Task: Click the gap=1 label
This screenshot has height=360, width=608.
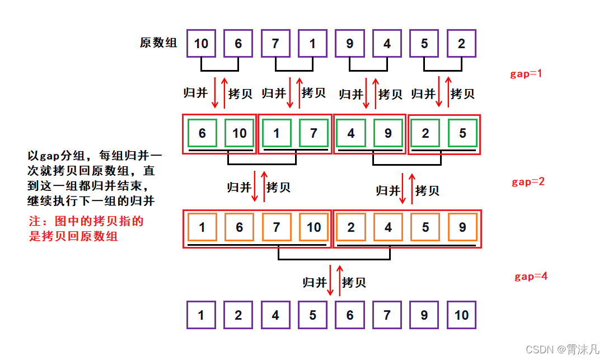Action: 526,74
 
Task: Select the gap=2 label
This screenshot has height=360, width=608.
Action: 528,182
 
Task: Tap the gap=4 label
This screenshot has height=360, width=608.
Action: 531,277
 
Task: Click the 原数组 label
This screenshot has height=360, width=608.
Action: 158,43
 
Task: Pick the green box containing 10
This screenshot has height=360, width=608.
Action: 239,133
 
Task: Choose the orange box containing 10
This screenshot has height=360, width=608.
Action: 314,227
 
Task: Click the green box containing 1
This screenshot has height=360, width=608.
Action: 276,133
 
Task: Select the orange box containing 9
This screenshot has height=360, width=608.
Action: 462,227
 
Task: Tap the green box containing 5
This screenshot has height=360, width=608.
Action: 462,133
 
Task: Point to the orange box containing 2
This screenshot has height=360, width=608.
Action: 350,227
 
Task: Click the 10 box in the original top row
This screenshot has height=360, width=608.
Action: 201,44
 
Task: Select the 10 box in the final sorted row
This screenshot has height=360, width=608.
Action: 462,315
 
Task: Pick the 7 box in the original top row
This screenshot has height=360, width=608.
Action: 276,44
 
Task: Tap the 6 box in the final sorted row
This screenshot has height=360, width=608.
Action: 350,315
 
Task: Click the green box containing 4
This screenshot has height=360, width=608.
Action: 350,133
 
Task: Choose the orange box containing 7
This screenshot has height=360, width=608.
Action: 276,227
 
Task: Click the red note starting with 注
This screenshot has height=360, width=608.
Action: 86,228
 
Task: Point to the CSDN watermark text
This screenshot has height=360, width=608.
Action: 563,349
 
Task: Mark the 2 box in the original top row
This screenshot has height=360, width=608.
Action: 462,44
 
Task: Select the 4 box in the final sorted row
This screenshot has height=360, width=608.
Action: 275,315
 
